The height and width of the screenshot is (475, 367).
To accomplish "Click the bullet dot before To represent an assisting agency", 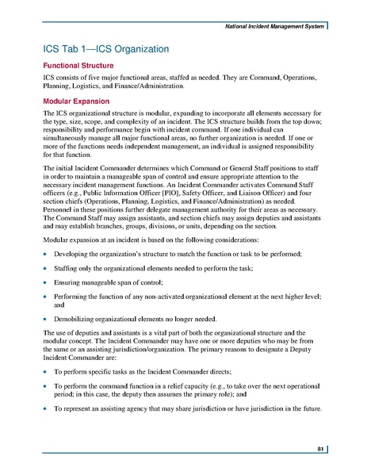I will click(x=45, y=428).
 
